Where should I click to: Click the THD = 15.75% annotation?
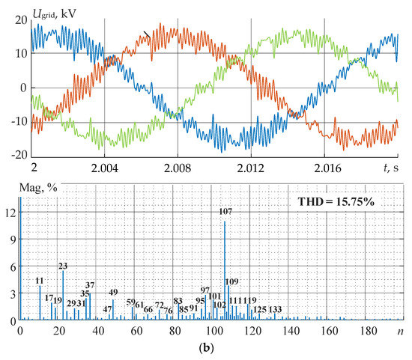coord(349,201)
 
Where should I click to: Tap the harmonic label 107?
coord(225,212)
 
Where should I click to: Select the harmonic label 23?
coord(63,266)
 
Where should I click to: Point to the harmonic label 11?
coord(40,281)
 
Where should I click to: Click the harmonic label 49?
coord(113,292)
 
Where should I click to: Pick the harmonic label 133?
coord(275,309)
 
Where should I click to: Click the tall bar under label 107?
coord(225,269)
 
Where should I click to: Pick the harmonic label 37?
coord(90,285)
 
